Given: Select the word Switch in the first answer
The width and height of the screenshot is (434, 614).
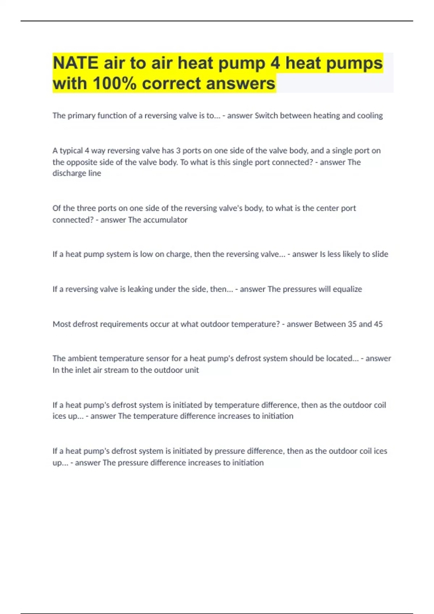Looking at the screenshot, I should click(x=266, y=116).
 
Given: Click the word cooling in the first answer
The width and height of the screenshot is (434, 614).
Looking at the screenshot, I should click(x=370, y=116).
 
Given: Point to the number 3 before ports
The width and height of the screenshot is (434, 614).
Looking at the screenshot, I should click(x=178, y=151).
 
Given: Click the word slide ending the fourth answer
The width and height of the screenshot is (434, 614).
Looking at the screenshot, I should click(x=380, y=254).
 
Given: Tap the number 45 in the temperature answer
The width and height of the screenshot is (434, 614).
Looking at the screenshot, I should click(x=378, y=324).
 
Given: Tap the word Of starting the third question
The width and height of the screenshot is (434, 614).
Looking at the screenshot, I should click(x=56, y=208).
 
